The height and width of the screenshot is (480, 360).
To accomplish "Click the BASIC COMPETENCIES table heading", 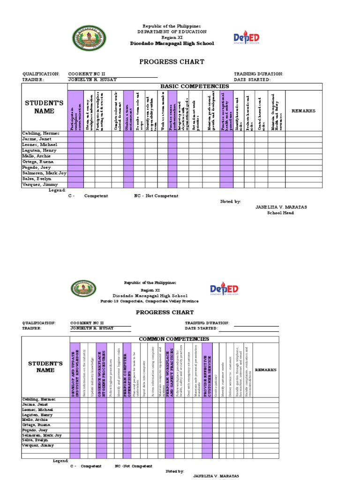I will point(195,87).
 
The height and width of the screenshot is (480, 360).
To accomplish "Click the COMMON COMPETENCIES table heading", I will point(181,339).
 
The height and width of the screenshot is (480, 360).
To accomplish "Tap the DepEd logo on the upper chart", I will point(247,38).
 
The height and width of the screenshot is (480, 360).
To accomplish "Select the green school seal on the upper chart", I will point(89,38).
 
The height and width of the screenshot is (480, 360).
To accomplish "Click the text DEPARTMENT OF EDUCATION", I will point(172,31).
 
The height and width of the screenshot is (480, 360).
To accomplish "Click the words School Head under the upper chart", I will point(280,213).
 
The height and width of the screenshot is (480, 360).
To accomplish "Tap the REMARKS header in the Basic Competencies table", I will point(303,111).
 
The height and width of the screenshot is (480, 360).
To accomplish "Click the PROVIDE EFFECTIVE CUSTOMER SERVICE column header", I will point(208,370).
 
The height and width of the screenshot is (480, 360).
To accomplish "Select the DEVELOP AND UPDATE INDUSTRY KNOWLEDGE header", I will point(75,370).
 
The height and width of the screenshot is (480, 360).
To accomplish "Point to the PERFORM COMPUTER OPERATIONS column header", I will point(127,370).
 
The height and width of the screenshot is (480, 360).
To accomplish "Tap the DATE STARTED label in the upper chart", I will point(252,80).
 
